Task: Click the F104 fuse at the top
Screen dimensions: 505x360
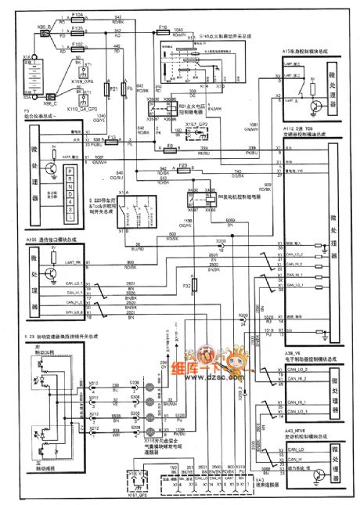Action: (77, 16)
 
